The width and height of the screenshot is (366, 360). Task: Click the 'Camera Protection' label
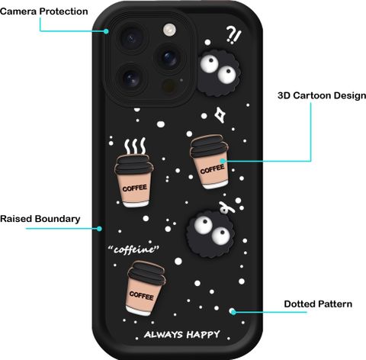(44, 11)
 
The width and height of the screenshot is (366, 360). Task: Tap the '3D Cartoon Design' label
(322, 96)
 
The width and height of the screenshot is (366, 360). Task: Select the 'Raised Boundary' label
(40, 219)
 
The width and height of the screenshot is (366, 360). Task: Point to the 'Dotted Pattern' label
(318, 304)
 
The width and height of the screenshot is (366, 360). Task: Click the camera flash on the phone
(169, 30)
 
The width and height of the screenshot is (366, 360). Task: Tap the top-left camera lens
(131, 39)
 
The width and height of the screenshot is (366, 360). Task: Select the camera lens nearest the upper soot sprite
(169, 58)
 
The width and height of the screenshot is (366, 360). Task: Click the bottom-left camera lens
(131, 79)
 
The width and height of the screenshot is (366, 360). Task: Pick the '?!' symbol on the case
(233, 35)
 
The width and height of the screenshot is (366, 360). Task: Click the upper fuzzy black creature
(219, 72)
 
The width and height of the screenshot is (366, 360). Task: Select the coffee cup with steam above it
(134, 181)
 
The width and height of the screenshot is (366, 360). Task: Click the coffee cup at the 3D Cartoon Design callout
(210, 162)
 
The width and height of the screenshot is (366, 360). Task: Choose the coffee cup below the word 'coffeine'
(145, 288)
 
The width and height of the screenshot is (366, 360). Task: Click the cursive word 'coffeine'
(133, 249)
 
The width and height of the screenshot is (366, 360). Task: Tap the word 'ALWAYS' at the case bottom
(163, 334)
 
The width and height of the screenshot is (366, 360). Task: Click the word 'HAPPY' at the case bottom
(203, 334)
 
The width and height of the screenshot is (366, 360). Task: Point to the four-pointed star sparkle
(220, 115)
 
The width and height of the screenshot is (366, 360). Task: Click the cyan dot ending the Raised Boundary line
(99, 229)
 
